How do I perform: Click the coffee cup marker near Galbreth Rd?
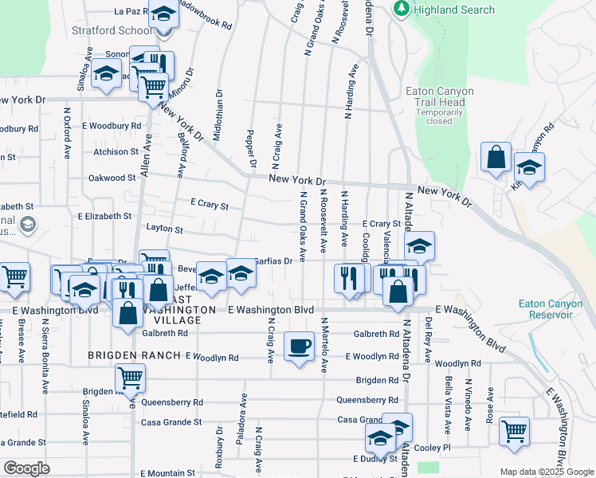[x=299, y=347]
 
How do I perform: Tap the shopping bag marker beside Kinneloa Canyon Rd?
[x=496, y=158]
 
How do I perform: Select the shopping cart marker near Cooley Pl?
[x=514, y=432]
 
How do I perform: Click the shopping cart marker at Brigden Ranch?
[x=130, y=378]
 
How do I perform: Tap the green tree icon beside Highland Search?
[x=402, y=10]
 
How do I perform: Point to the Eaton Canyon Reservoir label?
[x=546, y=308]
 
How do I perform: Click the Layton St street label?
[x=165, y=229]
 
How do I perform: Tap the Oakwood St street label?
[x=112, y=178]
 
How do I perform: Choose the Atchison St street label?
[x=116, y=151]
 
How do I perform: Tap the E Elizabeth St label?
[x=104, y=216]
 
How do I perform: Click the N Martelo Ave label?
[x=324, y=345]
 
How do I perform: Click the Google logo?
[x=26, y=468]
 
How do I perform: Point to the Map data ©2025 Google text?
[x=546, y=472]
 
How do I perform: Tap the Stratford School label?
[x=120, y=30]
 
